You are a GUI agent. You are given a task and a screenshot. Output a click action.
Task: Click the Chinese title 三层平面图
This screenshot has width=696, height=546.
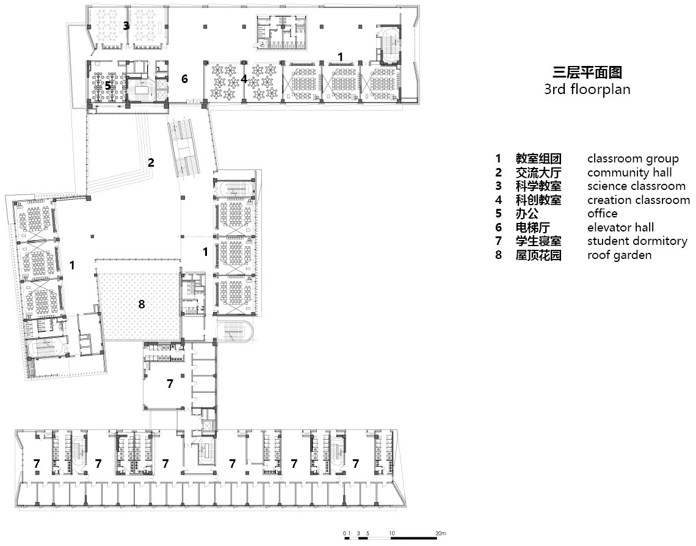tap(587, 72)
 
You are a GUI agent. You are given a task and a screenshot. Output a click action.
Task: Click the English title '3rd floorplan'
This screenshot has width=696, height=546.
tap(587, 89)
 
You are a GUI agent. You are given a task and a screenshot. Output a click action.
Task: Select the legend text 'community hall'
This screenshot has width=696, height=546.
tap(629, 172)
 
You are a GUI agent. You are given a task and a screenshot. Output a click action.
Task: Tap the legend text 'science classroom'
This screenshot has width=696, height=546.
tap(636, 186)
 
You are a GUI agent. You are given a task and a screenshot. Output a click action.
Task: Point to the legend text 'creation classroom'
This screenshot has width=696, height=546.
tap(638, 200)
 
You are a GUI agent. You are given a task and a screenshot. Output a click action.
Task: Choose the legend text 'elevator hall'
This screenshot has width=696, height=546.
tap(620, 227)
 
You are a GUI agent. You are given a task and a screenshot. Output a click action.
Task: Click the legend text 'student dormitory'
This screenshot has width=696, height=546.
tap(637, 241)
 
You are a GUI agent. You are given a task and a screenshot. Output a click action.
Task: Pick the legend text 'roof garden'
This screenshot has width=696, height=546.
tap(619, 255)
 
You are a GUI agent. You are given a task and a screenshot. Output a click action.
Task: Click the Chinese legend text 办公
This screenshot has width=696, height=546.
tap(527, 214)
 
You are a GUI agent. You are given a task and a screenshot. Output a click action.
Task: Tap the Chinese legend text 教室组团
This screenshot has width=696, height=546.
tap(538, 158)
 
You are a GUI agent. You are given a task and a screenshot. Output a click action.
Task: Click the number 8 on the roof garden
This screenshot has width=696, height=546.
tap(142, 304)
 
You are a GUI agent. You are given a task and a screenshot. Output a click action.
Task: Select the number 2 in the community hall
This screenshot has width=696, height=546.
tap(151, 162)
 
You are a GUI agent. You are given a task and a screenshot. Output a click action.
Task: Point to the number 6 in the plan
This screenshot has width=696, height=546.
tap(184, 79)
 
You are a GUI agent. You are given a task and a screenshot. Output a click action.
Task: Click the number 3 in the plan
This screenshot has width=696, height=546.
tap(126, 26)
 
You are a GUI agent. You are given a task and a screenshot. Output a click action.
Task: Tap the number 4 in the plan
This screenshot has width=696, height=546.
tap(244, 79)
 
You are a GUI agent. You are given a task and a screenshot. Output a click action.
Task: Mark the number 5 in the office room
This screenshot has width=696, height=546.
tap(108, 86)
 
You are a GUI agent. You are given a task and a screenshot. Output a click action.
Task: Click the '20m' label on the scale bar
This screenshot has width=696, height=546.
tap(441, 533)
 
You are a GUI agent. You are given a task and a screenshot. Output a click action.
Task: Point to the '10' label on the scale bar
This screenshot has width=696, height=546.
tap(392, 533)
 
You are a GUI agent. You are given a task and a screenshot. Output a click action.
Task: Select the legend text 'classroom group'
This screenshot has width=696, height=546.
tap(633, 158)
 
